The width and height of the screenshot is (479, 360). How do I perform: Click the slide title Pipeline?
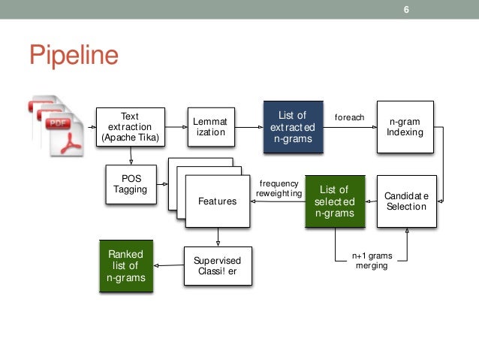(x=74, y=56)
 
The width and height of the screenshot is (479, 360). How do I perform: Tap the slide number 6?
(x=406, y=10)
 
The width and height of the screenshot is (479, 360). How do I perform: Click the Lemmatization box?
(x=210, y=126)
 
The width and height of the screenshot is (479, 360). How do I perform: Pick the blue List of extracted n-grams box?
(x=292, y=126)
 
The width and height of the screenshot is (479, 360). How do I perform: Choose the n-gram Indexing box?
(x=405, y=126)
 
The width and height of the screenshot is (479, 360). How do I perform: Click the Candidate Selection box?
(x=405, y=201)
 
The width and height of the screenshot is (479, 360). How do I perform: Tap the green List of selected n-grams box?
(x=334, y=201)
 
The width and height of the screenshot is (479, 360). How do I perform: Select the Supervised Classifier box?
(x=217, y=265)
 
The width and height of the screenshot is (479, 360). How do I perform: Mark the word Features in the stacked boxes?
(x=217, y=201)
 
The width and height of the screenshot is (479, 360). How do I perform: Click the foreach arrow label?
(x=349, y=117)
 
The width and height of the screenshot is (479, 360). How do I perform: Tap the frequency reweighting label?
(x=279, y=189)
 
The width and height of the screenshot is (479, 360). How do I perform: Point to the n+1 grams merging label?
(x=371, y=261)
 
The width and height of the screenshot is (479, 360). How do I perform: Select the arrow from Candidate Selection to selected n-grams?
(x=370, y=201)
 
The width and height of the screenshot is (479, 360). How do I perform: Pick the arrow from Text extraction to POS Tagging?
(x=131, y=156)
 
